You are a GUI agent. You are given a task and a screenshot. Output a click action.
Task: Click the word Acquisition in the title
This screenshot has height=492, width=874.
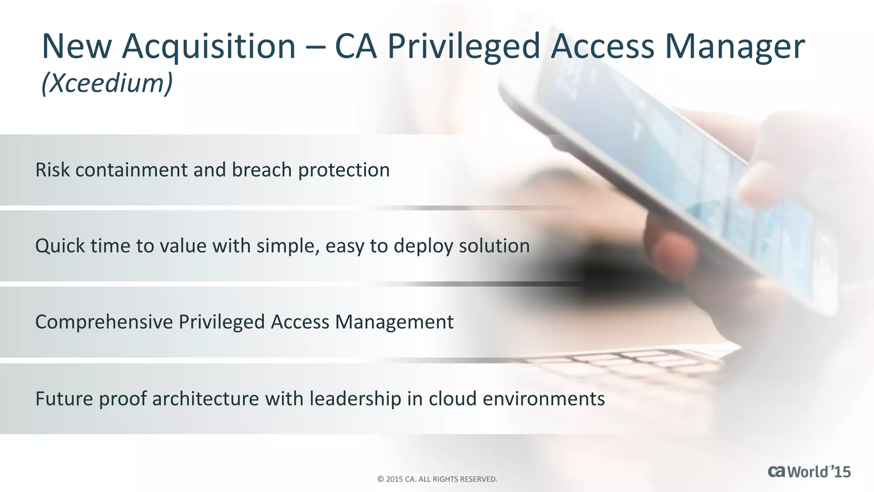pos(209,46)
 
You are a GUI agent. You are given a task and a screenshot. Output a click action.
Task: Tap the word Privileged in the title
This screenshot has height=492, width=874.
pos(463,46)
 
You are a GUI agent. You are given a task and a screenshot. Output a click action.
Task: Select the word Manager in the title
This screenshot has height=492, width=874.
pos(734,46)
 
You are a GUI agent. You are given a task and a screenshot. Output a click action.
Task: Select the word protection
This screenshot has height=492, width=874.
pos(344,170)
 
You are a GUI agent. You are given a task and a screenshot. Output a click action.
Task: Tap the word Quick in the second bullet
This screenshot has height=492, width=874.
pos(60,246)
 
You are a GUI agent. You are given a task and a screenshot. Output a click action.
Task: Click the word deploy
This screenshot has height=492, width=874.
pos(422,246)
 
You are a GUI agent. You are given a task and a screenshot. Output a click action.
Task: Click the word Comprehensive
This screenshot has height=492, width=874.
pos(104,322)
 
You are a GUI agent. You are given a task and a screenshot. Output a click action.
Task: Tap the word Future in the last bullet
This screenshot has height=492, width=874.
pos(64,398)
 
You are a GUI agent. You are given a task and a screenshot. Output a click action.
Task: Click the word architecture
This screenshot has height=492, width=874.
pos(205,398)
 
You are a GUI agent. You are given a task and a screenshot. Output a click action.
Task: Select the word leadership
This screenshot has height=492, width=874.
pos(355,398)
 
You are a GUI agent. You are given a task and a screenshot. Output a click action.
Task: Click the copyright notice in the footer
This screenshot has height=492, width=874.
pos(437,479)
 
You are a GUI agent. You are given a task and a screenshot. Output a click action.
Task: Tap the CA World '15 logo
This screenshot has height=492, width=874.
pos(809,472)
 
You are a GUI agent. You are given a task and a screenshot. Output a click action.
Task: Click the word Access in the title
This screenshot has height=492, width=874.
pos(602,46)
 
